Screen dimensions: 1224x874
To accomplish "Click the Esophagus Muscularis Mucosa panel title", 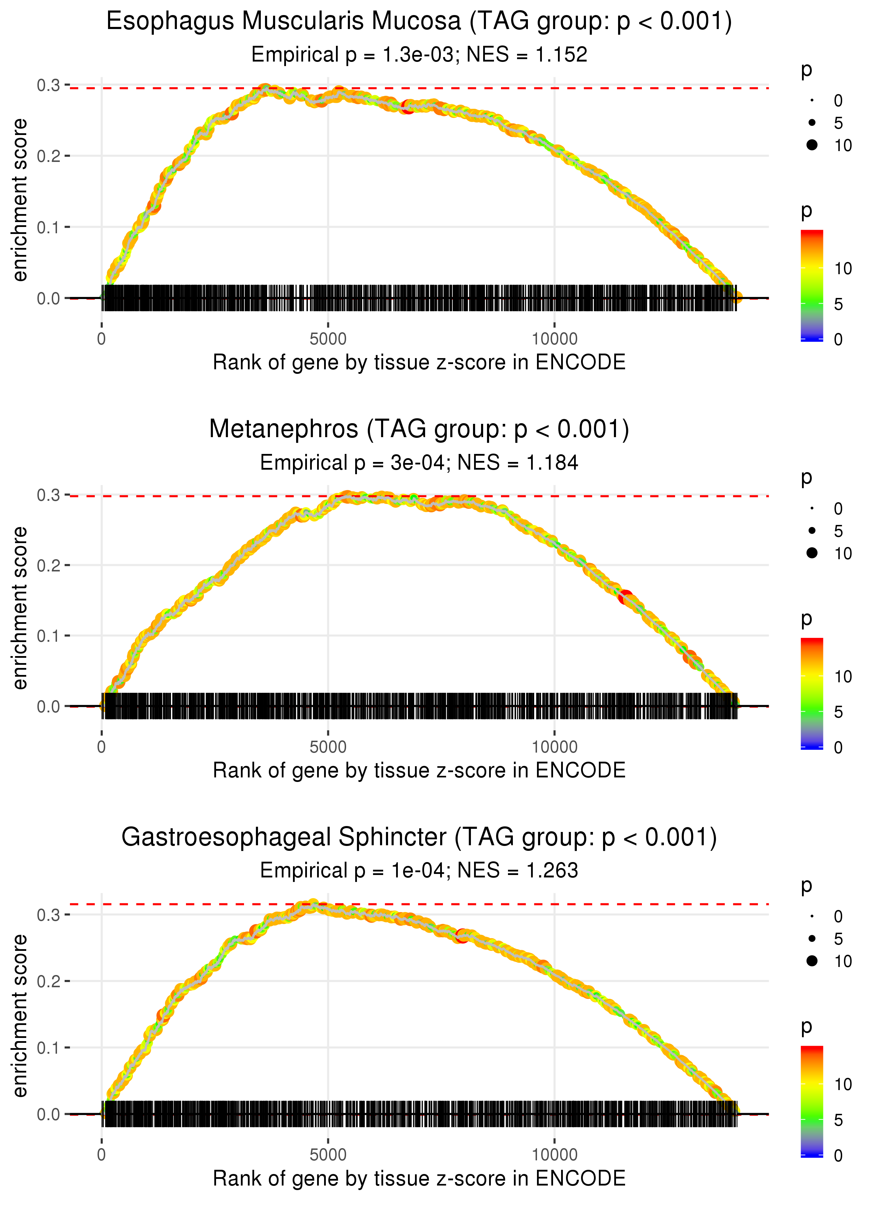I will tap(419, 22).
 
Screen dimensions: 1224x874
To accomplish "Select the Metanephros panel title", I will tap(419, 429).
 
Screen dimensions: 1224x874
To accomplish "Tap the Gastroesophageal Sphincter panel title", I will tap(419, 837).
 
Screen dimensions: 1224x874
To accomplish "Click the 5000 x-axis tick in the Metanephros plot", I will tap(328, 747).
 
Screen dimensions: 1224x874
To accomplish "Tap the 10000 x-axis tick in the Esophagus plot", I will tap(554, 339).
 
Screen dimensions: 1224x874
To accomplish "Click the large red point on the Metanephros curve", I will tap(625, 597).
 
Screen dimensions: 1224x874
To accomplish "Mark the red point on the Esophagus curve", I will tap(408, 107).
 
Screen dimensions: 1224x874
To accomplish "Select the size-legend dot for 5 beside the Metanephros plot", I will tap(812, 531).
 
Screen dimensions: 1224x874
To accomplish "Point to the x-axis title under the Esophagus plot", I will tap(419, 362).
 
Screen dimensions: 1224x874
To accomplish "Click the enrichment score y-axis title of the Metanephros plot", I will tap(20, 608).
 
